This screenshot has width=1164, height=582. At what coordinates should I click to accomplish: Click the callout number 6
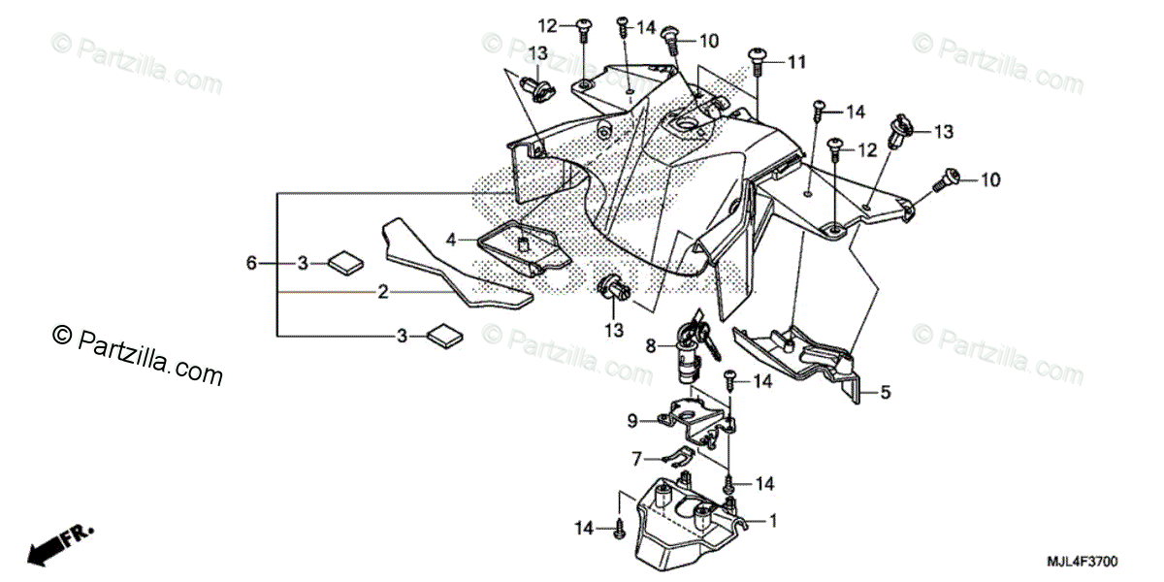coord(251,263)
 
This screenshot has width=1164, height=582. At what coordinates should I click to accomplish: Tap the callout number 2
coord(383,291)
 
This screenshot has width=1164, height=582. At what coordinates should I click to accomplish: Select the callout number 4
coord(451,238)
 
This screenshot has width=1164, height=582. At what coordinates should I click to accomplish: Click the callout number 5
coord(885,393)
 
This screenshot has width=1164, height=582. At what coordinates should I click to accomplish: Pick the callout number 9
coord(631,420)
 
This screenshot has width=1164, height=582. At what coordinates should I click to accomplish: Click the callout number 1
coord(773,521)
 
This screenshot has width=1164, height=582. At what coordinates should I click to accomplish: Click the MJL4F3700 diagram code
coord(1083,562)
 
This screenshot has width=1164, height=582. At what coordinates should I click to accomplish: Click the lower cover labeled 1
coord(679,524)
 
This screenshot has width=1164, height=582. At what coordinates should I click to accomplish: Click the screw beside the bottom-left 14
coord(619,528)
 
